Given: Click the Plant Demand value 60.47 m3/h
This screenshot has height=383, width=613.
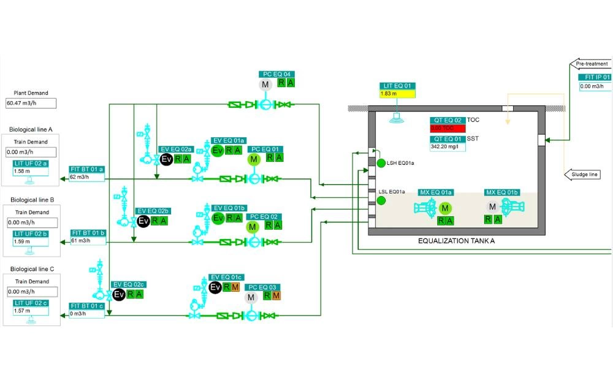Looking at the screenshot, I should coord(31,103).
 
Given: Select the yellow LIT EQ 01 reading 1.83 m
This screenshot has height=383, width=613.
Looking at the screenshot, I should coord(397,94).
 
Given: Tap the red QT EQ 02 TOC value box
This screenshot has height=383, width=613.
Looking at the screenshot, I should coord(447,128).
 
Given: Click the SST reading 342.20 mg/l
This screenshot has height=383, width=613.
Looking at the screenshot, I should coord(447,147).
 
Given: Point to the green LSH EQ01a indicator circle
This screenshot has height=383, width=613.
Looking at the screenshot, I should coord(381,163).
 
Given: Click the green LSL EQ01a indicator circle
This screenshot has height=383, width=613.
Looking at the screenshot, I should coord(381,200).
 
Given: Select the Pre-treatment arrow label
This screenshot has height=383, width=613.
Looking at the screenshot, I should coord(591,64).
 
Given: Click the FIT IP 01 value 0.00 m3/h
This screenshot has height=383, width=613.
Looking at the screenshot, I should coord(595,86).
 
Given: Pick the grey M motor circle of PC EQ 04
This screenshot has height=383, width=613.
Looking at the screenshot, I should coord(265,84).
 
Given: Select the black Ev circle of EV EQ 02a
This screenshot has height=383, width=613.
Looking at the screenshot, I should coord(166,159).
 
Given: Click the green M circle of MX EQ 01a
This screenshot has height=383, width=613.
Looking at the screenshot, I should coord(446,208).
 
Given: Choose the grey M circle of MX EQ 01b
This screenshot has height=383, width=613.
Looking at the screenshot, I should coord(492,207).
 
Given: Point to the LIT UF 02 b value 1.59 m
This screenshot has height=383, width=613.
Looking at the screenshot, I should coord(31,242).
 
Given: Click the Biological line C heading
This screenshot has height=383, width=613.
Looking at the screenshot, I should coord(31,269).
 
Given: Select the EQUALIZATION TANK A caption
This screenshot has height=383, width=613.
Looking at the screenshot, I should coord(456,241).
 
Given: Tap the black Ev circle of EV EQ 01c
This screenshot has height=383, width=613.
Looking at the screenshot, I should coord(215,287).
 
